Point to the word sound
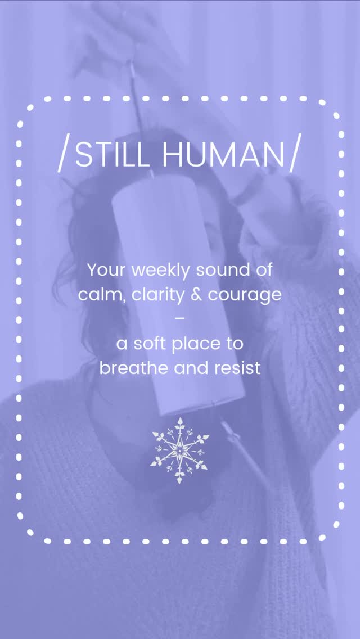[222, 270]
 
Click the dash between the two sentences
[180, 318]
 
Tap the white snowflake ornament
[179, 450]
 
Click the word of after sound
[262, 270]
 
